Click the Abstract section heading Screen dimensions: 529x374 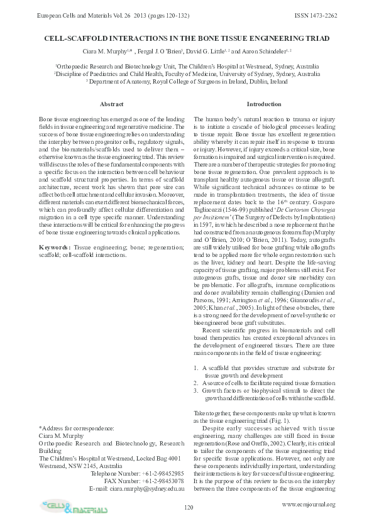click(112, 104)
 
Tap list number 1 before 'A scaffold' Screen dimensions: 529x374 click(196, 366)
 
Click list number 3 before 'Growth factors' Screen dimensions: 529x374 click(196, 389)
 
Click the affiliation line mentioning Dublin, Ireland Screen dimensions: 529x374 click(187, 81)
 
